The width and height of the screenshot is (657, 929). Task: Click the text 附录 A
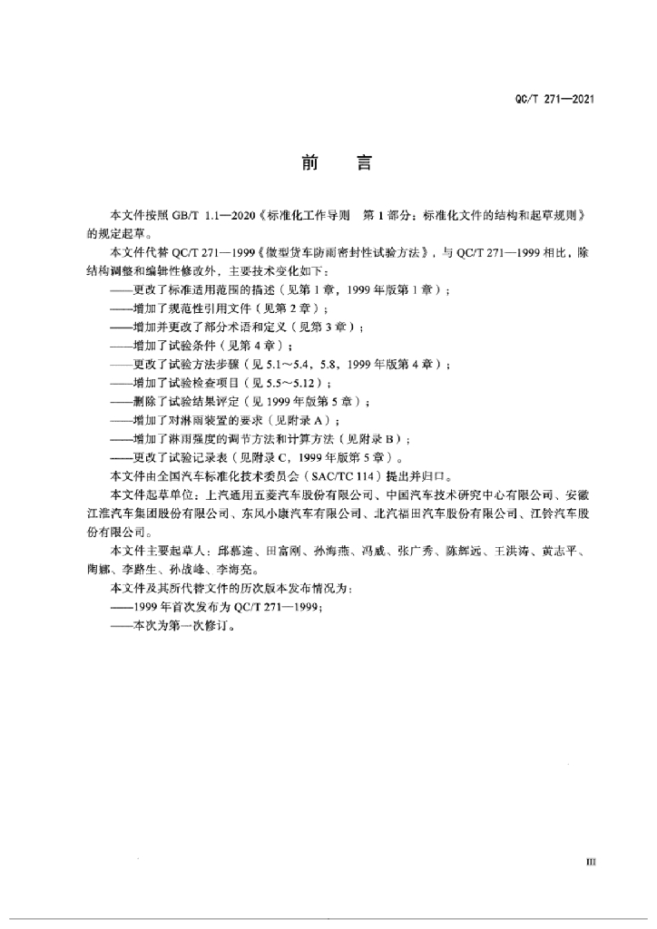pos(309,421)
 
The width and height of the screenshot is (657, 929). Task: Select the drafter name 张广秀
pos(417,552)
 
